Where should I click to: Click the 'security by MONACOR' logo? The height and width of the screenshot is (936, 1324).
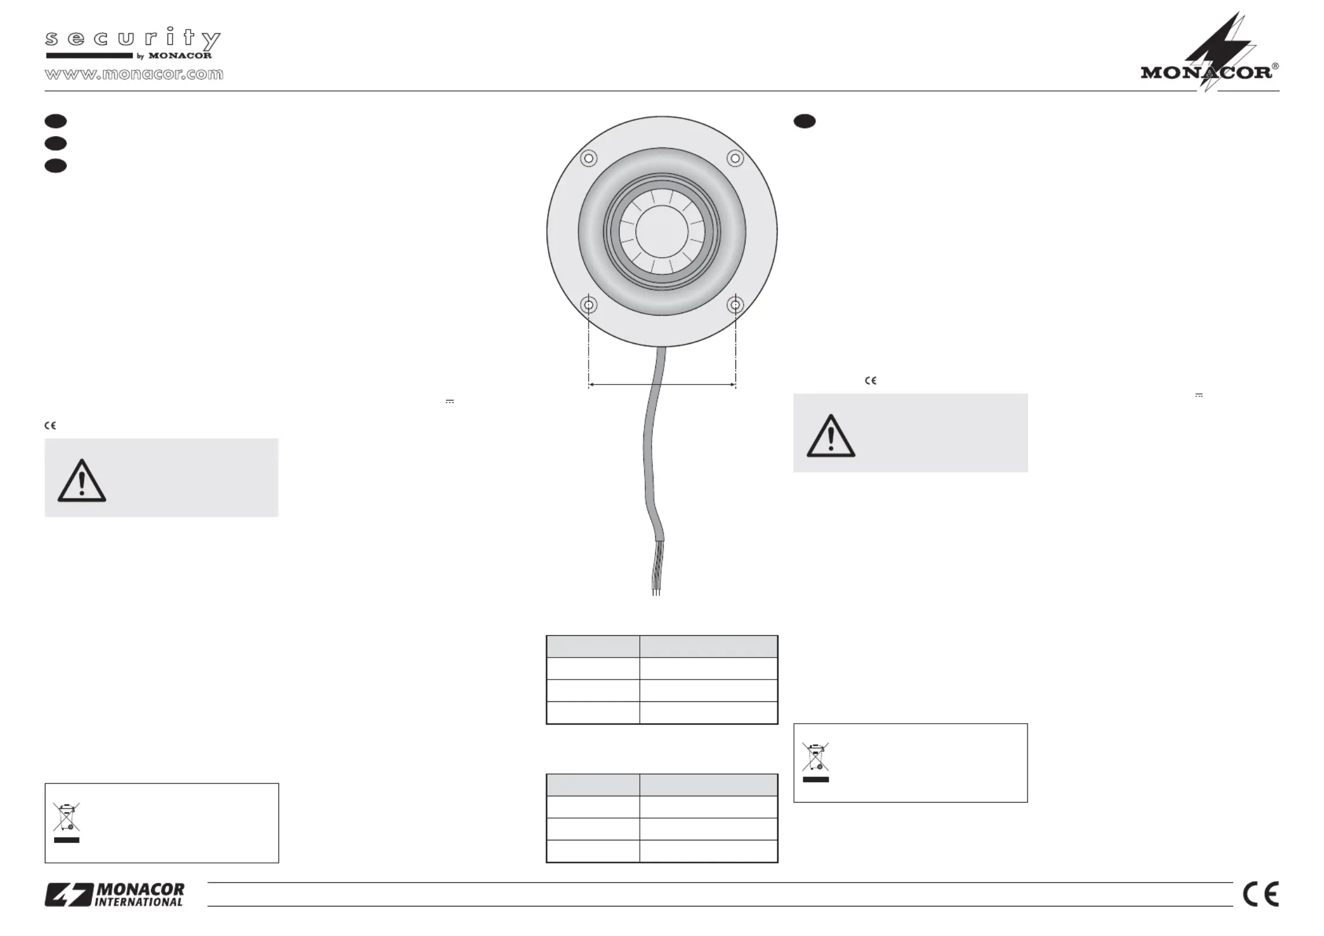tap(133, 43)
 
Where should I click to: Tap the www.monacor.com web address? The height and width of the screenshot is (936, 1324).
tap(134, 74)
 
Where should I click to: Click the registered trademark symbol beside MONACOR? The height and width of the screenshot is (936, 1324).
tap(1275, 67)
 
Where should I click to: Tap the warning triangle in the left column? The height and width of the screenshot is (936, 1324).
tap(81, 482)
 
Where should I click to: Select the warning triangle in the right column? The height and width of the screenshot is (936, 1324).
tap(830, 437)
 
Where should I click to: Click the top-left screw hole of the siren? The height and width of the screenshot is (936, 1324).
tap(589, 158)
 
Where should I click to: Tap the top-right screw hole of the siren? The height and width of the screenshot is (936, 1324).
tap(735, 158)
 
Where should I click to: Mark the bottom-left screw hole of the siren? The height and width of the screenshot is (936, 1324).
tap(589, 305)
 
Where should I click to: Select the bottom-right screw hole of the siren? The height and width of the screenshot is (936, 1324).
tap(735, 305)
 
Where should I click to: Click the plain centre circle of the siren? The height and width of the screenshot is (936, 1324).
tap(662, 231)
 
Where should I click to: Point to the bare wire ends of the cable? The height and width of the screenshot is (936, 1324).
tap(656, 584)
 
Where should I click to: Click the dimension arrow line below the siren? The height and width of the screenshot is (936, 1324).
tap(662, 385)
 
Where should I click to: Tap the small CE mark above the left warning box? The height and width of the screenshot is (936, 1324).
tap(50, 425)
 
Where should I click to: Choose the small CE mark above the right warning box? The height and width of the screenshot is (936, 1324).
tap(870, 380)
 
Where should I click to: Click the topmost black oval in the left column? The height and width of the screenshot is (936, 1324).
tap(55, 121)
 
